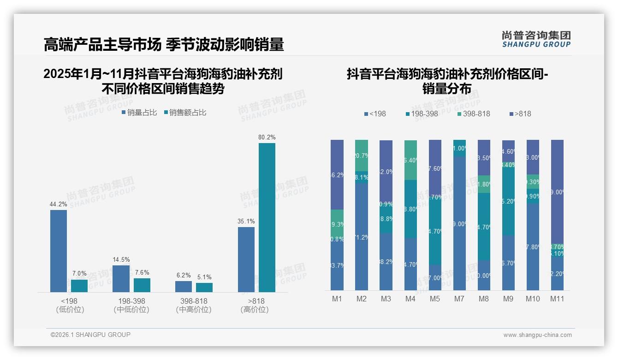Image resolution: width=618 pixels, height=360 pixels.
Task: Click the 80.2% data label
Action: pos(267,137)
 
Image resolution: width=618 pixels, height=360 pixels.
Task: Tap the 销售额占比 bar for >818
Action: pos(267,217)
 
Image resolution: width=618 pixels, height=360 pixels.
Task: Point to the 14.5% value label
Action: pos(121,259)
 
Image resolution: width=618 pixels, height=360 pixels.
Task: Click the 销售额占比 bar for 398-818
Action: pos(204,287)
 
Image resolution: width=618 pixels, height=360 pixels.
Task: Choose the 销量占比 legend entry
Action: pos(139,112)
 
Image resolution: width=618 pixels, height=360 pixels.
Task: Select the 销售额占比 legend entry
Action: pos(185,112)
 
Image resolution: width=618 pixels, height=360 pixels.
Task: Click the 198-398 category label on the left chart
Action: pos(131,301)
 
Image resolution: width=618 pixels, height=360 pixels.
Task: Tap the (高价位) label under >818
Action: pos(254,310)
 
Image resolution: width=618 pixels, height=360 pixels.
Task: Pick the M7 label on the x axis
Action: pos(459,299)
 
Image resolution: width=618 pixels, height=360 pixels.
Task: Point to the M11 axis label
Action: pos(557,299)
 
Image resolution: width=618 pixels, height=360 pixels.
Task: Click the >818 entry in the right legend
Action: pos(520,114)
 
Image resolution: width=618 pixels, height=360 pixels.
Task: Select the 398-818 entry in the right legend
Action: pos(474,114)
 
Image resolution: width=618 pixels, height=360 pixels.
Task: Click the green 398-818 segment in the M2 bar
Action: pos(362,156)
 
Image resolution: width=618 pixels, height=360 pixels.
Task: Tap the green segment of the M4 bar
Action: pos(410,160)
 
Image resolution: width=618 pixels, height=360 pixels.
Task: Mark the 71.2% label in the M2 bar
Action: pos(362,237)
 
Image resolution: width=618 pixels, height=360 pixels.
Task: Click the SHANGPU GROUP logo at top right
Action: pos(536,39)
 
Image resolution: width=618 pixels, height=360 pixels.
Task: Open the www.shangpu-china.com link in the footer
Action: pos(537,335)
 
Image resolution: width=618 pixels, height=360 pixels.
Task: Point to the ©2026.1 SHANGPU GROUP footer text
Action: pos(90,335)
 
